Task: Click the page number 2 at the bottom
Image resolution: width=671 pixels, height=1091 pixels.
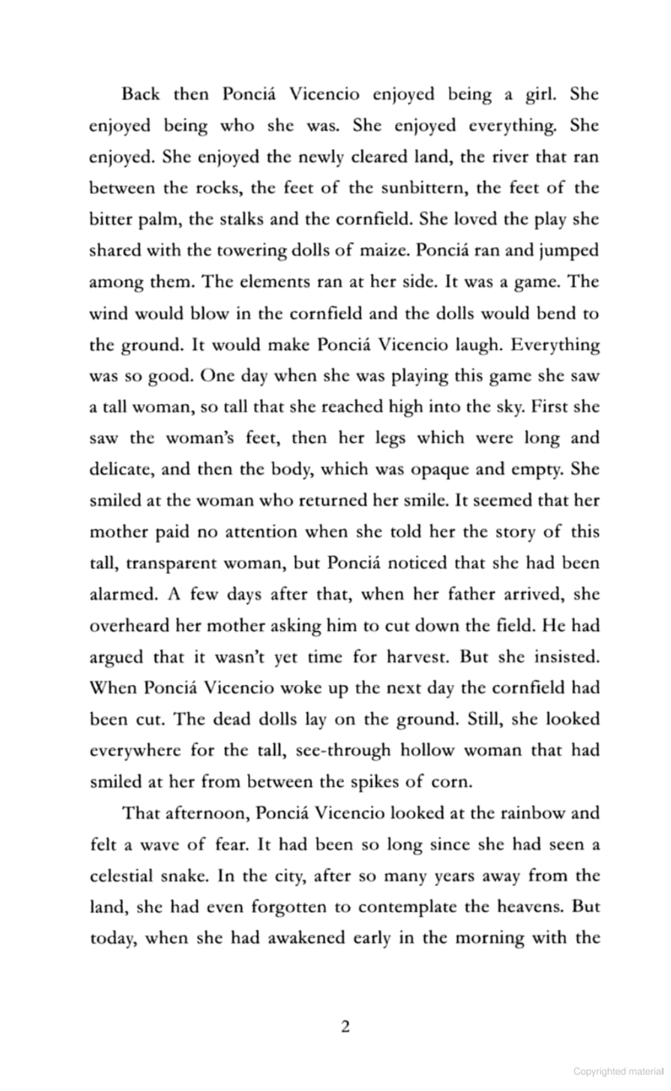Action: (345, 1026)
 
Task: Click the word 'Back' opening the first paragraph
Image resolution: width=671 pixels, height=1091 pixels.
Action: (140, 94)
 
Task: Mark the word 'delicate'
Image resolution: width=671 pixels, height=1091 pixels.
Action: (121, 469)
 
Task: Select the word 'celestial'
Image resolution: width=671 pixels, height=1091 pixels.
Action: (124, 876)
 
